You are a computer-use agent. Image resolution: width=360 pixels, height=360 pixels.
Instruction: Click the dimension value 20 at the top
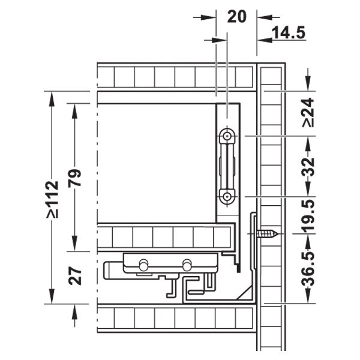click(x=237, y=17)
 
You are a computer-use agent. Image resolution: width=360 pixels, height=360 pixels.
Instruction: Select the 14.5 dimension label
click(x=289, y=32)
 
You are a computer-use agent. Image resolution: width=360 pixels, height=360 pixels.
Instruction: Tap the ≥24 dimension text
click(x=308, y=112)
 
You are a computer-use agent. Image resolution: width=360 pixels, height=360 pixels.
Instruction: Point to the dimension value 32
click(x=308, y=166)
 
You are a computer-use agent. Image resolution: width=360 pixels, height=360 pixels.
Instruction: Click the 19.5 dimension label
click(x=308, y=215)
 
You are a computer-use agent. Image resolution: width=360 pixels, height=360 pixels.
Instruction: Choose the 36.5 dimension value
click(x=308, y=269)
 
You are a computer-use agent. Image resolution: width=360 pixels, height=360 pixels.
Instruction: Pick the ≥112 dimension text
click(x=52, y=199)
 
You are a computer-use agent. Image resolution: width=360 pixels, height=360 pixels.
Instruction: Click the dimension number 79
click(x=75, y=178)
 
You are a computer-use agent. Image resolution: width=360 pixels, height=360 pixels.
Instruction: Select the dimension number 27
click(x=75, y=276)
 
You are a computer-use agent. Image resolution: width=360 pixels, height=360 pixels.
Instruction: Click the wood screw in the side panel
click(x=268, y=234)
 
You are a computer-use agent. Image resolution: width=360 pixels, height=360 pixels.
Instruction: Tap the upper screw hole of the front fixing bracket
click(x=227, y=136)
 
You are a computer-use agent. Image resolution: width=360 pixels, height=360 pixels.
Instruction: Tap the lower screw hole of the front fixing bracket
click(x=227, y=197)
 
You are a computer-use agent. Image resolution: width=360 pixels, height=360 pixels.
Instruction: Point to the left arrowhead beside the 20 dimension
click(x=208, y=17)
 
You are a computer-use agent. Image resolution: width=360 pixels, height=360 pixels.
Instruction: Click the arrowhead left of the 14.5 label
click(x=265, y=40)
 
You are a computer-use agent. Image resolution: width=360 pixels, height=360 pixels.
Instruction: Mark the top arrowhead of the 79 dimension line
click(x=74, y=111)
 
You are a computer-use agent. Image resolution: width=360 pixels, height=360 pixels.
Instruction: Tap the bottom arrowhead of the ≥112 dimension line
click(x=52, y=296)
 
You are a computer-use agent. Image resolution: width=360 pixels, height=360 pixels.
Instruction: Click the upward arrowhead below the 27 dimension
click(x=74, y=312)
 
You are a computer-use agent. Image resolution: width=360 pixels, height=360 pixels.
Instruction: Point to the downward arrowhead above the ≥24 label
click(x=308, y=83)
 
